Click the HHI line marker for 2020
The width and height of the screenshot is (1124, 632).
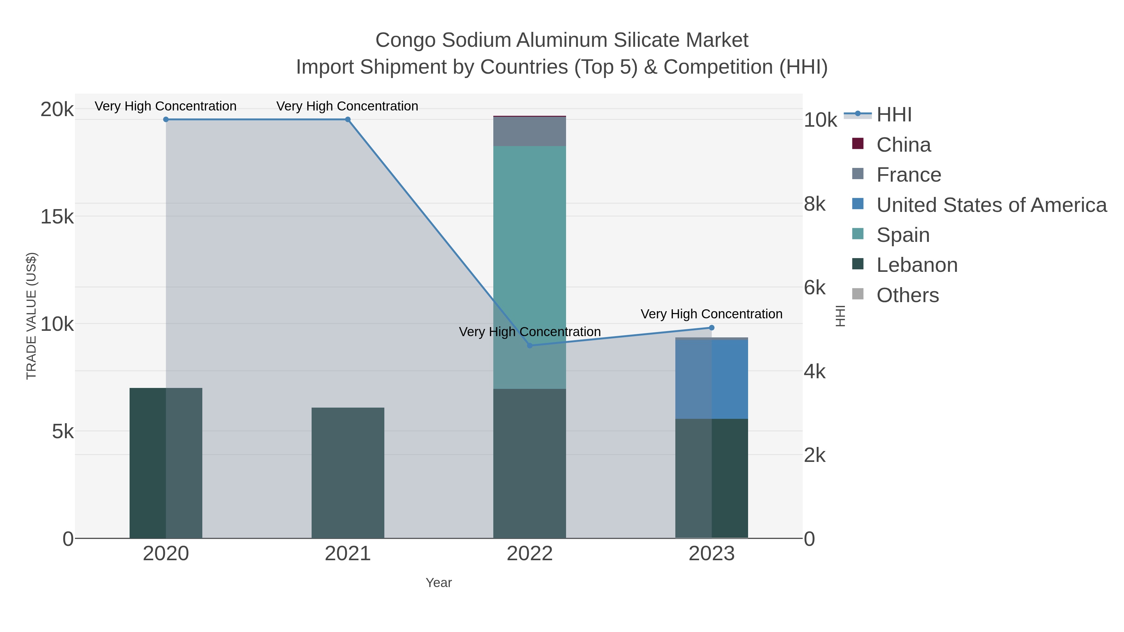pyautogui.click(x=166, y=120)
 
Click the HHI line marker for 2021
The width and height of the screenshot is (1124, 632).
pyautogui.click(x=348, y=120)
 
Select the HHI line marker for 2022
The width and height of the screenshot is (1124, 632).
pyautogui.click(x=530, y=345)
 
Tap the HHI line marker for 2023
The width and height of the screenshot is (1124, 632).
pyautogui.click(x=712, y=328)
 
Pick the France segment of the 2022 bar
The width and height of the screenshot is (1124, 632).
pyautogui.click(x=530, y=131)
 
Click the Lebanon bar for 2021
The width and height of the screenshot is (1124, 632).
pyautogui.click(x=348, y=473)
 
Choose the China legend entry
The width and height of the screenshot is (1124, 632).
pyautogui.click(x=903, y=145)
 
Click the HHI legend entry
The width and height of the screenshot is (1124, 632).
pyautogui.click(x=894, y=115)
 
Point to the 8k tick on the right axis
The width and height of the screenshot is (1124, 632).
pyautogui.click(x=815, y=204)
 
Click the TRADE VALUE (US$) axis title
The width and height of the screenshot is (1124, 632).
pyautogui.click(x=32, y=316)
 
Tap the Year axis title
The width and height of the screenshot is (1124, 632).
pyautogui.click(x=439, y=583)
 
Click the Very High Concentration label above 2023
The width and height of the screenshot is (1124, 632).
pyautogui.click(x=711, y=314)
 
